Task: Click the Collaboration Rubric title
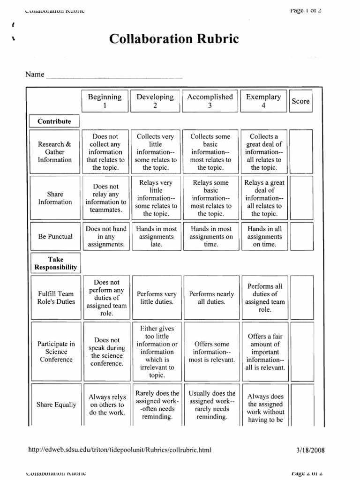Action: [174, 39]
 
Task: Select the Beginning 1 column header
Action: [105, 101]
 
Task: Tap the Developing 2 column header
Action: [155, 101]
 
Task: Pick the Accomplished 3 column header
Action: [210, 101]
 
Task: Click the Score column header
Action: [300, 101]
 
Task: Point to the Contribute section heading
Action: [54, 121]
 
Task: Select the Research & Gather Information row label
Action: [55, 152]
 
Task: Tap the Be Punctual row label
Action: [55, 236]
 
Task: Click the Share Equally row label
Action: [56, 405]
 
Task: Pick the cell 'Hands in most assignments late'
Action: [155, 237]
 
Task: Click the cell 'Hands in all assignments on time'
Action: [264, 237]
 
